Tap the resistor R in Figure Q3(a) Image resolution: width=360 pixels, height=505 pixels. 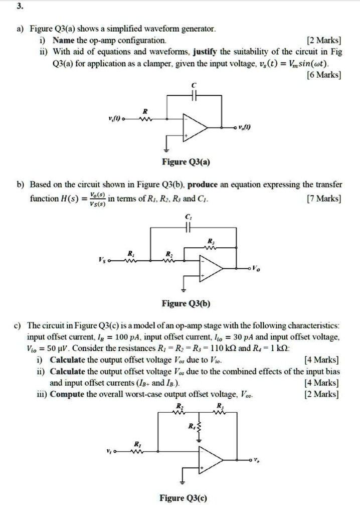click(x=145, y=119)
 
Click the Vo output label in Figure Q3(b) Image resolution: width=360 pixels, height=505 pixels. click(x=257, y=269)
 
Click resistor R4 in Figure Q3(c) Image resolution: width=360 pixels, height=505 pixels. click(x=200, y=427)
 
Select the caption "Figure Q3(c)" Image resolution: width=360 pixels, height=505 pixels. click(x=183, y=497)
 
